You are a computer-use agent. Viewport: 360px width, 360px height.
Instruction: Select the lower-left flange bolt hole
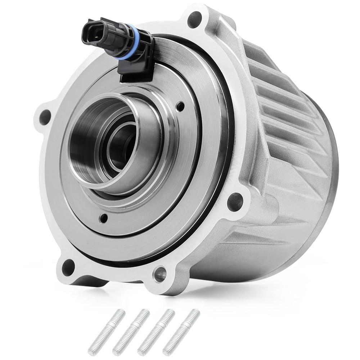coord(68,267)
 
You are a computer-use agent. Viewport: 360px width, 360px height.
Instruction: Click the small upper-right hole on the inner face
coord(181,106)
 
